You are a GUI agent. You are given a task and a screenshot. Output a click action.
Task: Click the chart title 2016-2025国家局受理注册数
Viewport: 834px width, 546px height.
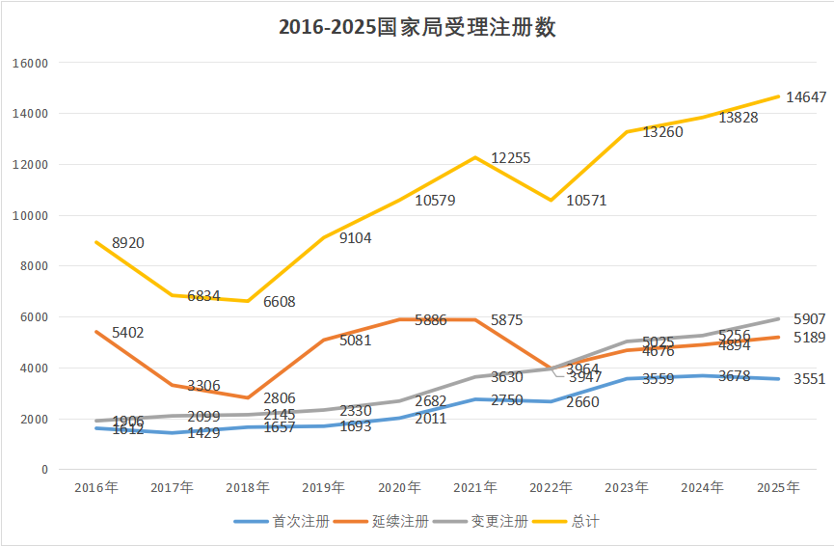click(x=417, y=28)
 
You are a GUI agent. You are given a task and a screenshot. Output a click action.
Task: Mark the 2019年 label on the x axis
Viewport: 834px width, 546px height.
click(x=324, y=488)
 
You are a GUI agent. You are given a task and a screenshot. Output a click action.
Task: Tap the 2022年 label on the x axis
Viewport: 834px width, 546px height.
click(x=552, y=488)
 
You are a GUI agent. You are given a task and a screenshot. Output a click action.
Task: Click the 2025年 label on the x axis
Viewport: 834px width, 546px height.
click(x=779, y=488)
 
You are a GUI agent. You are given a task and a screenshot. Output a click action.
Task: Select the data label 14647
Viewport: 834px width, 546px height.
click(x=806, y=96)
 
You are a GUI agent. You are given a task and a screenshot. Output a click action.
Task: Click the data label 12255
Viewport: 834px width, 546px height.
click(x=511, y=158)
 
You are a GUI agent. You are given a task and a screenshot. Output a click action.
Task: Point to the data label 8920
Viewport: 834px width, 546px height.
click(x=128, y=243)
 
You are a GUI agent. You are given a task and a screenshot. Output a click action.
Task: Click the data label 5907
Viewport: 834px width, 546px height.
click(x=810, y=319)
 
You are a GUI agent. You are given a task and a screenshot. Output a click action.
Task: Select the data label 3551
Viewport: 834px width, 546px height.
click(x=810, y=379)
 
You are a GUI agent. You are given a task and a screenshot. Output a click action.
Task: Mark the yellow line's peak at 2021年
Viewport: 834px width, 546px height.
click(x=475, y=157)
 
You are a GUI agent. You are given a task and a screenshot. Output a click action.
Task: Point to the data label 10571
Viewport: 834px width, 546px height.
click(x=587, y=201)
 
